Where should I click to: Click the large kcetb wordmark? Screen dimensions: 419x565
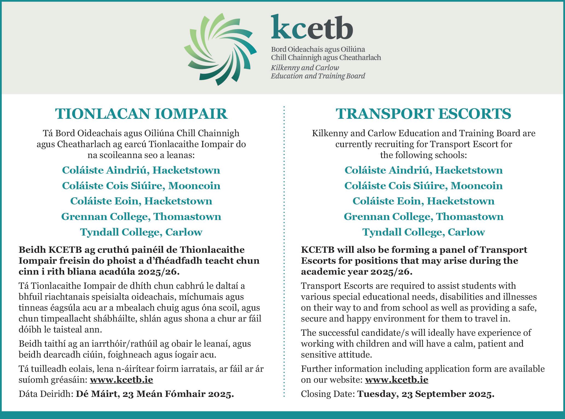tap(312, 27)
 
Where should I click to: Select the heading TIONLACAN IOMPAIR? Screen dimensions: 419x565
tap(141, 114)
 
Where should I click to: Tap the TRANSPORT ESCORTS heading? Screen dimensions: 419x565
tap(423, 114)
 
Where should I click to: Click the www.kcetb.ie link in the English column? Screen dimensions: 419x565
tap(396, 380)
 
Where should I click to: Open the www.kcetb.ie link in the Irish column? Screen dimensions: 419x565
tap(121, 380)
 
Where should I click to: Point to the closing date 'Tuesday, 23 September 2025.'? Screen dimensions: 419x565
tap(426, 394)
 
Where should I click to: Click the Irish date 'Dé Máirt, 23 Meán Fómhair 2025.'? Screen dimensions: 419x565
tap(155, 394)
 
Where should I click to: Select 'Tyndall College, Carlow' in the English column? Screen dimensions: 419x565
tap(423, 232)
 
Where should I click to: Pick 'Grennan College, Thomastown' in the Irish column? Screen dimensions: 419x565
tap(141, 217)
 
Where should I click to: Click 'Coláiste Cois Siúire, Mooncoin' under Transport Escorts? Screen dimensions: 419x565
tap(423, 186)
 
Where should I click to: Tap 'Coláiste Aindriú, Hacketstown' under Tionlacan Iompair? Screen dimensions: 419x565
tap(141, 170)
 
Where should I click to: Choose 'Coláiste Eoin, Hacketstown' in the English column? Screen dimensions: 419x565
tap(423, 201)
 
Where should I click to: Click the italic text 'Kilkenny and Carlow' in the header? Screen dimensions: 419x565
tap(305, 68)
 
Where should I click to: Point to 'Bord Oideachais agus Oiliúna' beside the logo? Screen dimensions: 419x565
tap(318, 50)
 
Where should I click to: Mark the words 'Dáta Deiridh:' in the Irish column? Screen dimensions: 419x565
tap(46, 394)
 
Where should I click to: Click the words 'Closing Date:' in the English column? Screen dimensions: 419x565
tap(328, 394)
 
